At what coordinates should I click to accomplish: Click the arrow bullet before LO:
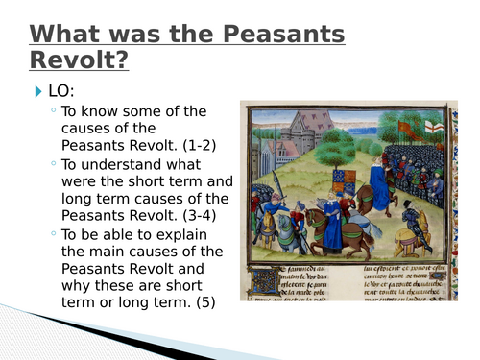(38, 92)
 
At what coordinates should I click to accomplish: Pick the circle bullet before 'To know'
(54, 111)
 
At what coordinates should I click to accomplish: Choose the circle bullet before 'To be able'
(54, 235)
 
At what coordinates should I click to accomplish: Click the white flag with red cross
(434, 128)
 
